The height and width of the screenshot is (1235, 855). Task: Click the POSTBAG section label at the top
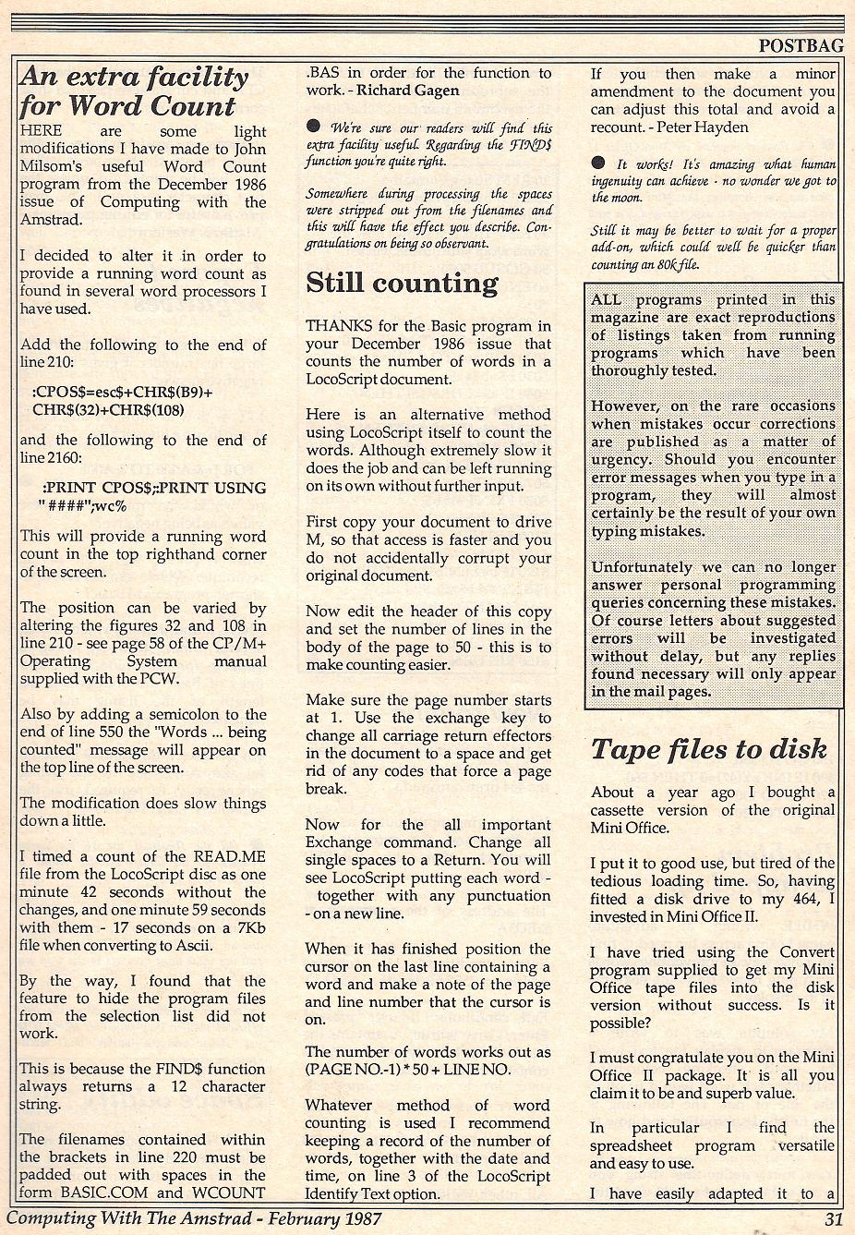(x=801, y=42)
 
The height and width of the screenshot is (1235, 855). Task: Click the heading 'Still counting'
(x=402, y=283)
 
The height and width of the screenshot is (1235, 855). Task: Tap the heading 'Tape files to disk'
(x=709, y=749)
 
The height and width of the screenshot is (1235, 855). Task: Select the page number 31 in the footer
(x=833, y=1218)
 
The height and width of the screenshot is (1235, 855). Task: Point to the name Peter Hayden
(x=704, y=127)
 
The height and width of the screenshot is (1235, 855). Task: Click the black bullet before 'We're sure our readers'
(x=314, y=127)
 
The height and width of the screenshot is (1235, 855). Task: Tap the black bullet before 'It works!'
(x=598, y=163)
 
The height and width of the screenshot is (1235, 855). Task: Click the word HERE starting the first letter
(x=42, y=131)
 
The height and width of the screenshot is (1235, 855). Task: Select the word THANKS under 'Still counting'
(x=339, y=325)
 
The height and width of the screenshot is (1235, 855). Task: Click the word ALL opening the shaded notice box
(x=606, y=299)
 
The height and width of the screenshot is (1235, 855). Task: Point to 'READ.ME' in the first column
(x=216, y=856)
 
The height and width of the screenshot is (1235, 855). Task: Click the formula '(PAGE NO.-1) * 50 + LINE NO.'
(x=407, y=1069)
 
